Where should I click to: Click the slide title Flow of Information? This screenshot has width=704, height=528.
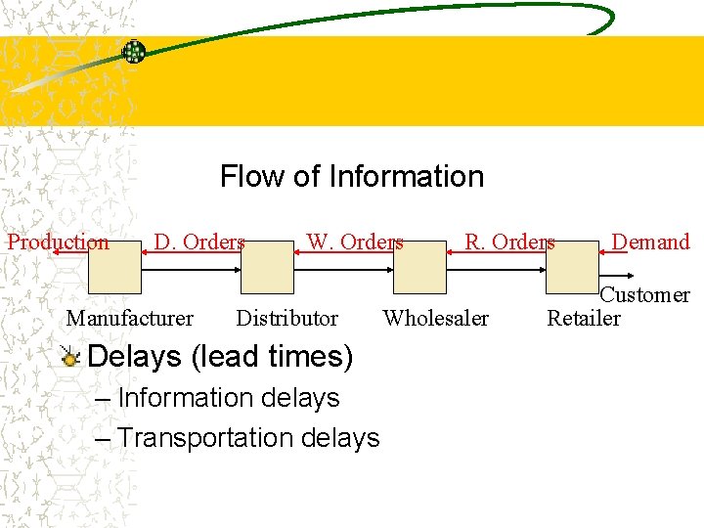coord(352,177)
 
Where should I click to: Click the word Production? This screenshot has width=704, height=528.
coord(59,242)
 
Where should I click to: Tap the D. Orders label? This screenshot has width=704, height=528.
coord(199,242)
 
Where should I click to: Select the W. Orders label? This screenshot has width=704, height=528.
coord(355,242)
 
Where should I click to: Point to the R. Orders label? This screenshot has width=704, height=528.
coord(509,242)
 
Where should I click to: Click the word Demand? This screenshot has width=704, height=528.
coord(650,242)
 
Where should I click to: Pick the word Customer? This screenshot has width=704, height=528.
coord(644,294)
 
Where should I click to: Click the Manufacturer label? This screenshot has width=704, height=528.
coord(129,318)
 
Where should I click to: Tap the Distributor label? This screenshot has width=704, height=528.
coord(286,318)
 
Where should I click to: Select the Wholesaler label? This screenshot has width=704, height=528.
coord(436,318)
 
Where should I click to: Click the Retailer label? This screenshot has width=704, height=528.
coord(584,318)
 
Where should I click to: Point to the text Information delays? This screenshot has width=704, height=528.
coord(228,398)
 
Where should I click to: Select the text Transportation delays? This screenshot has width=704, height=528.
coord(247,438)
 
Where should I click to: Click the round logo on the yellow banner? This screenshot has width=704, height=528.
coord(133,52)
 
